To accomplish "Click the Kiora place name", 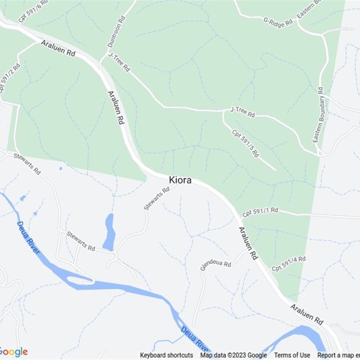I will pyautogui.click(x=180, y=180).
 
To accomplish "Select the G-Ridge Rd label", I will pyautogui.click(x=278, y=21).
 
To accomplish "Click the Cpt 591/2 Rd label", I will pyautogui.click(x=10, y=77).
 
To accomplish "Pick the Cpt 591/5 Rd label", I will pyautogui.click(x=245, y=143).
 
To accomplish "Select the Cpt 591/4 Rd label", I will pyautogui.click(x=288, y=264).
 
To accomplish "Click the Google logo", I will pyautogui.click(x=13, y=352).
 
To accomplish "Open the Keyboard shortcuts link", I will pyautogui.click(x=166, y=355).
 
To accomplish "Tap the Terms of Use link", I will pyautogui.click(x=292, y=355).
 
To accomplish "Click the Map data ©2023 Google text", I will pyautogui.click(x=234, y=355).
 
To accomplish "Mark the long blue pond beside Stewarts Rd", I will pyautogui.click(x=109, y=232).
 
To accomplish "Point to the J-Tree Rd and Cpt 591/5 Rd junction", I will pyautogui.click(x=223, y=111).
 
